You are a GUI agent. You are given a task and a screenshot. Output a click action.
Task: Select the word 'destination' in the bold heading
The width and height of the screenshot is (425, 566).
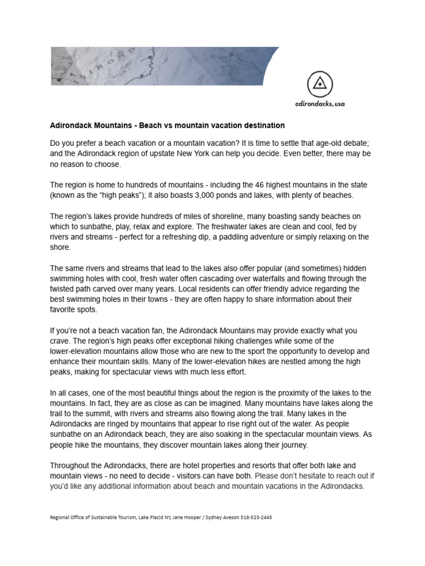(262, 125)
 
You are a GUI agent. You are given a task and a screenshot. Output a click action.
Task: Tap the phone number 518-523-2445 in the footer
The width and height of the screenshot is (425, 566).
(256, 518)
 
